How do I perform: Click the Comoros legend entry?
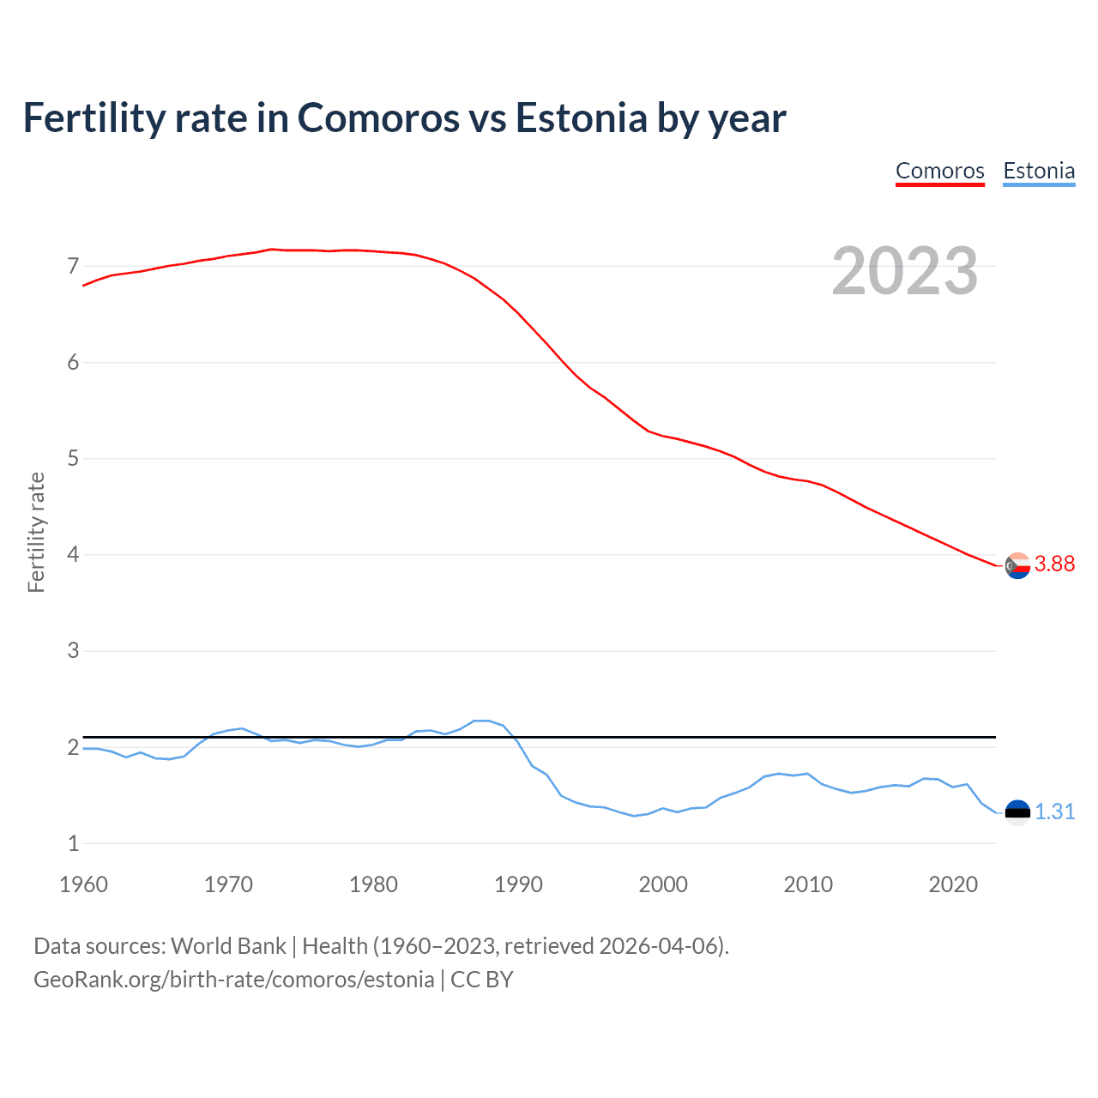pos(939,171)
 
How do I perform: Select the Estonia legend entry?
pos(1039,171)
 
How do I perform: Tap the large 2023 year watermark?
pos(904,271)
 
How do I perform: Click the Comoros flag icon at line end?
pos(1017,565)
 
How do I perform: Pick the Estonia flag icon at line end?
pos(1017,812)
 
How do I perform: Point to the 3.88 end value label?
pos(1054,564)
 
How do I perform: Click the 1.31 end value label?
pos(1054,811)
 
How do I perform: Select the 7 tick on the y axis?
pos(73,266)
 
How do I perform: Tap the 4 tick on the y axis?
pos(73,554)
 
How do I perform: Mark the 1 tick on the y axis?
pos(73,843)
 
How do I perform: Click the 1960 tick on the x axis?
pos(83,884)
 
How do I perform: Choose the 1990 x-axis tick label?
pos(518,884)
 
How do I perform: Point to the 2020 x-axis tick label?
pos(953,884)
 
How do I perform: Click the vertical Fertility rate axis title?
pos(36,532)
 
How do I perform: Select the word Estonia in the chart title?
pos(581,118)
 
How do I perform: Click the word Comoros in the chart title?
pos(378,118)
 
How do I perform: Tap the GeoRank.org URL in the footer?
pos(233,980)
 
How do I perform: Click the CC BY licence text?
pos(482,980)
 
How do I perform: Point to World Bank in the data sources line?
pos(228,946)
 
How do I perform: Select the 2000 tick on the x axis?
pos(663,884)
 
